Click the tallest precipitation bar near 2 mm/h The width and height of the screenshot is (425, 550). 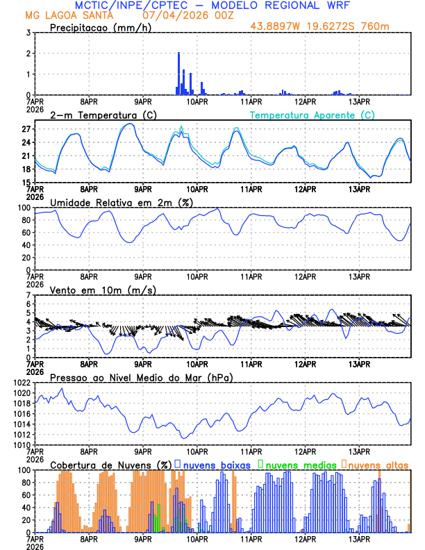[178, 73]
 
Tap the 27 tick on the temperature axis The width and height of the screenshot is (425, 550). [26, 129]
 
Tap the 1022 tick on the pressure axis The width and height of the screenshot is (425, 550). [22, 383]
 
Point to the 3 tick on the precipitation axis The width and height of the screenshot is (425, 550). [28, 33]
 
